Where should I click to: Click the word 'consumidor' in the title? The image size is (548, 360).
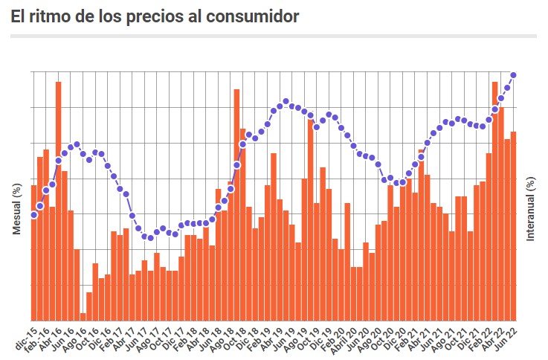[x=249, y=16]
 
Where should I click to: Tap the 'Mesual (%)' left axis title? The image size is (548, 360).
[x=16, y=209]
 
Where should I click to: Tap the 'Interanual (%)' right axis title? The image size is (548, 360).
[x=531, y=209]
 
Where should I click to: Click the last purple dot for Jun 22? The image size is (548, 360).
[x=514, y=74]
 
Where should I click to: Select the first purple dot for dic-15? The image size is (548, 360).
[x=34, y=215]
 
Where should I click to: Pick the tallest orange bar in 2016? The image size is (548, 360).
[x=59, y=201]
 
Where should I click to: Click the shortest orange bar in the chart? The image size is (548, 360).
[x=83, y=316]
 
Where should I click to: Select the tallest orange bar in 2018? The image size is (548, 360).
[x=236, y=205]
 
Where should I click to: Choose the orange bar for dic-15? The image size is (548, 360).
[x=34, y=253]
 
